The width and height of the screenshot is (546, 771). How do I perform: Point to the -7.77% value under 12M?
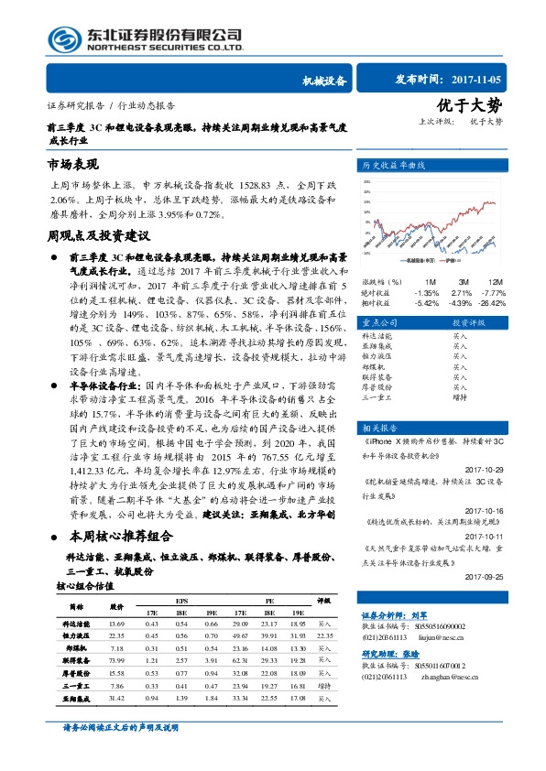(x=493, y=292)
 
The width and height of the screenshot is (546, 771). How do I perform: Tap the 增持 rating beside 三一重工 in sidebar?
(x=460, y=396)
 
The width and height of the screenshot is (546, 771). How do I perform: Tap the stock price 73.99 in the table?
(x=116, y=659)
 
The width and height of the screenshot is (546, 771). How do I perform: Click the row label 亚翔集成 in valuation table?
(x=76, y=698)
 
